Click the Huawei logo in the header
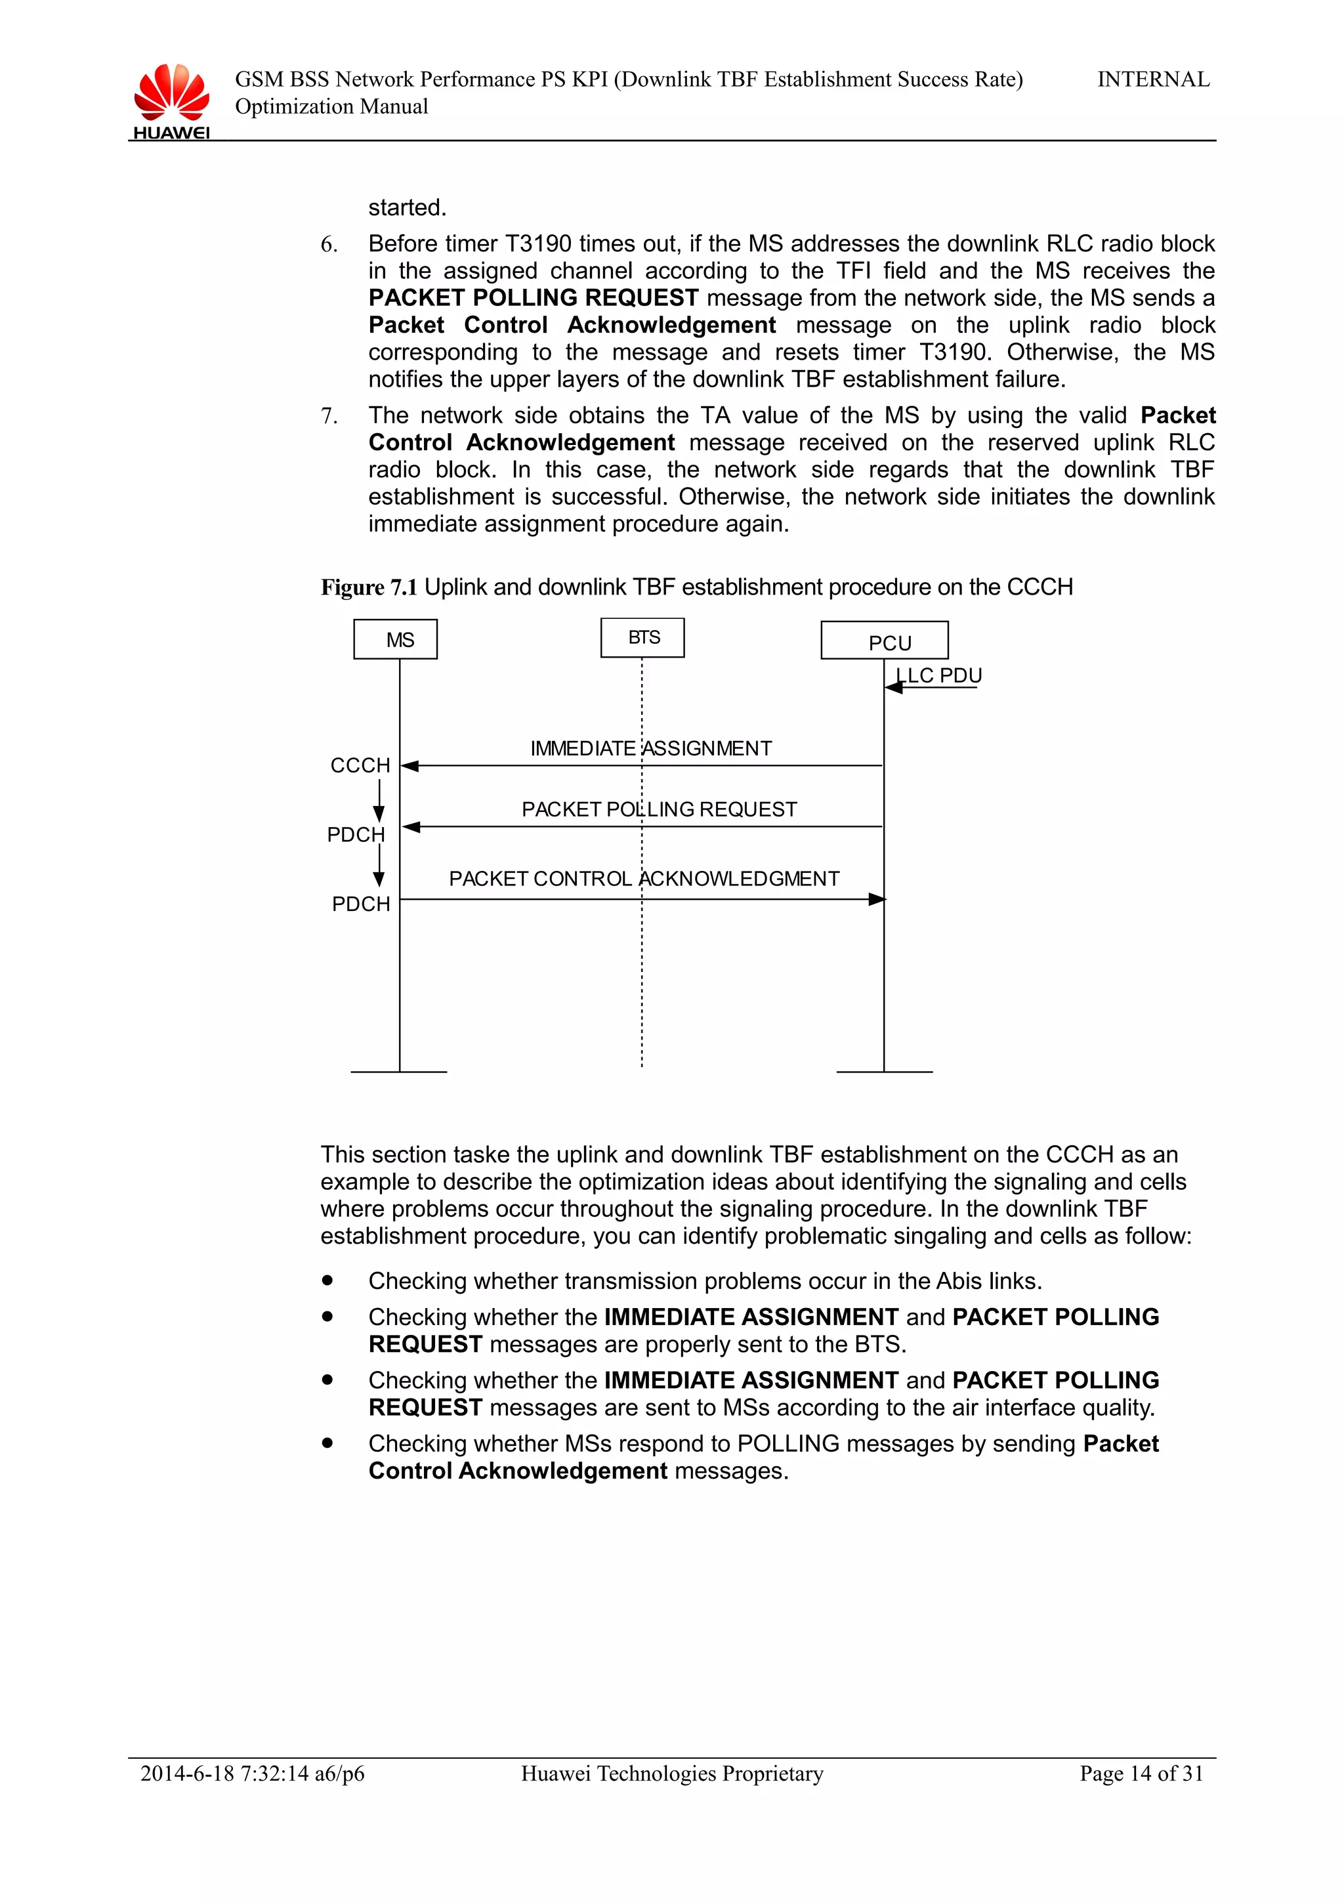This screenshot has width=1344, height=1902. click(x=171, y=99)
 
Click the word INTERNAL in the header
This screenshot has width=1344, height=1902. click(x=1153, y=79)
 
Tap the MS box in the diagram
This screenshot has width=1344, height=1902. click(x=395, y=639)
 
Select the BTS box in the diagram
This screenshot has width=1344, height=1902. click(x=642, y=638)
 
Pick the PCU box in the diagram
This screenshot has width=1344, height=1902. click(x=885, y=641)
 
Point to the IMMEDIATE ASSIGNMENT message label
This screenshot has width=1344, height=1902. click(x=651, y=749)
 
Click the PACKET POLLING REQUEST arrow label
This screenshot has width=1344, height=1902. click(x=659, y=809)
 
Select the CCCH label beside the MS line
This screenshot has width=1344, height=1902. click(x=360, y=765)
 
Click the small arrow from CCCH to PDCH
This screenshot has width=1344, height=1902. click(x=379, y=801)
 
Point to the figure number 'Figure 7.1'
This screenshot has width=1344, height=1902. click(x=369, y=587)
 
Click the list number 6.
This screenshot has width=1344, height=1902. click(x=329, y=244)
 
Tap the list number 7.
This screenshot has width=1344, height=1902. click(x=329, y=416)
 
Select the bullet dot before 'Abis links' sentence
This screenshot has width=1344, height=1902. click(x=328, y=1280)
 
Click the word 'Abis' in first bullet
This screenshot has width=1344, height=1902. click(x=959, y=1280)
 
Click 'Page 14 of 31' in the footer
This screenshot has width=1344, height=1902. click(x=1141, y=1773)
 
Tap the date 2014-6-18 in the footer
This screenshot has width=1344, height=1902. click(x=187, y=1773)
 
